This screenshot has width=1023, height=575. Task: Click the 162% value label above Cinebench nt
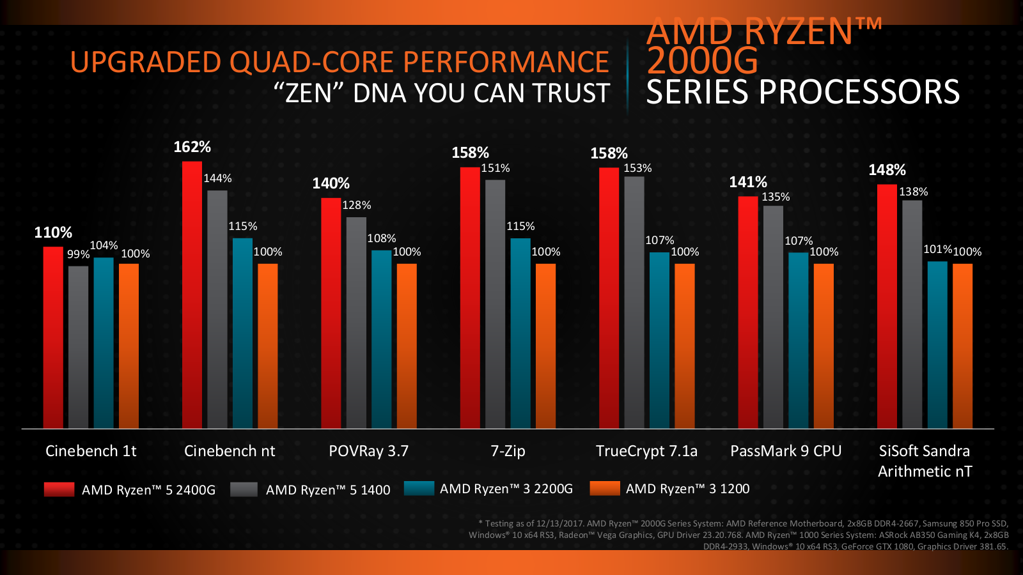point(192,147)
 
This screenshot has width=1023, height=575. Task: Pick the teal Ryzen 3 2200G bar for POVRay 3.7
point(382,339)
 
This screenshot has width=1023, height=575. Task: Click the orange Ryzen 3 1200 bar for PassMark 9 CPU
point(824,345)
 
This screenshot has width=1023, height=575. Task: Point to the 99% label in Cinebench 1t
point(78,254)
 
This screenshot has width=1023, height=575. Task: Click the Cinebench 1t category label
point(91,451)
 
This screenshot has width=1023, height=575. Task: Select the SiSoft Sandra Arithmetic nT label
point(925,461)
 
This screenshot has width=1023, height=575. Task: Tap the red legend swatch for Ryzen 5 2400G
point(59,489)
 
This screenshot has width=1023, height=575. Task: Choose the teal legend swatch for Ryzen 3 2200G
point(419,489)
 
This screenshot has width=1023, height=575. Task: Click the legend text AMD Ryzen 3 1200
point(687,489)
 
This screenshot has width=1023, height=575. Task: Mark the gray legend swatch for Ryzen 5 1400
point(244,489)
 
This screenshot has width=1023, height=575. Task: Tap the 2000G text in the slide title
point(702,61)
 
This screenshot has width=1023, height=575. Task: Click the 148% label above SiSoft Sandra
point(887,170)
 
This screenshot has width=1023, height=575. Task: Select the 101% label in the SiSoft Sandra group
point(937,249)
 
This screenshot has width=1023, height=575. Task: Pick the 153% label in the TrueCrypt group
point(637,168)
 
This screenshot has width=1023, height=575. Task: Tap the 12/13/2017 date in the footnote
point(560,523)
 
